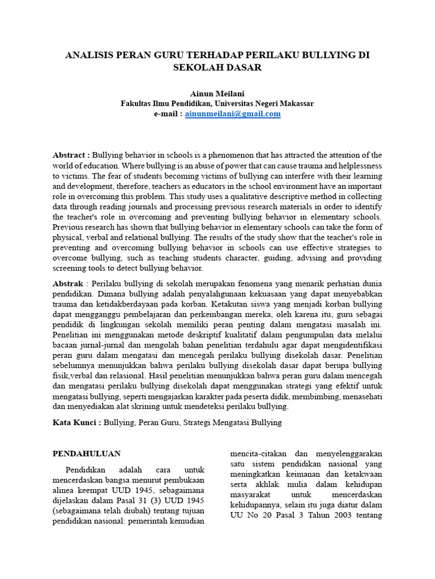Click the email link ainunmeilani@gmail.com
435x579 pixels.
click(x=233, y=114)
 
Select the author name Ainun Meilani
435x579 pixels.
click(x=217, y=93)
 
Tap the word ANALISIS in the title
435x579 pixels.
click(x=89, y=55)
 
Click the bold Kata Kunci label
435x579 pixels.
click(x=76, y=422)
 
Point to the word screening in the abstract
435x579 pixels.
click(x=70, y=269)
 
